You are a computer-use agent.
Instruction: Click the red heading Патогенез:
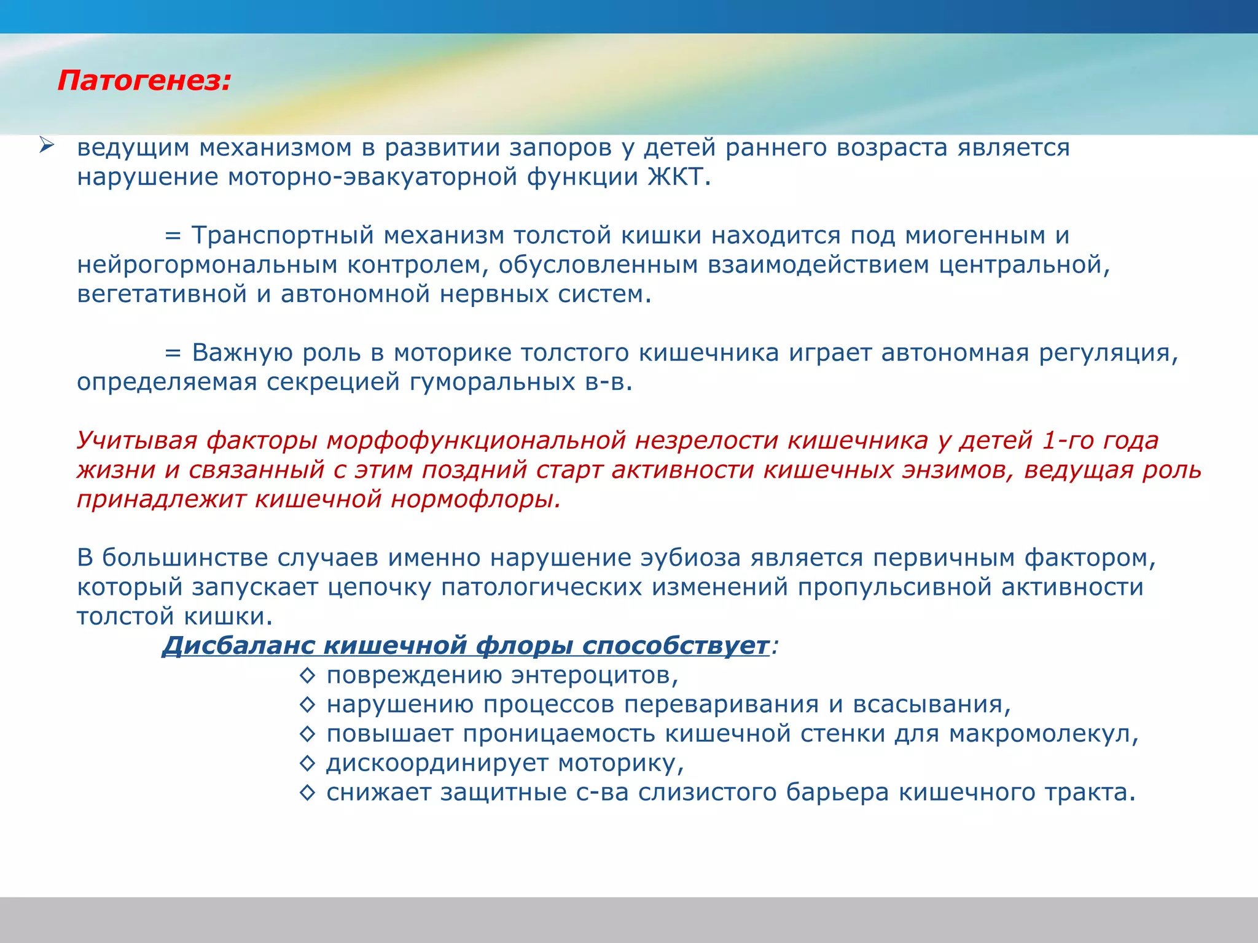click(x=144, y=81)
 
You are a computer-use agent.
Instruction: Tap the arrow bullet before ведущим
click(x=47, y=146)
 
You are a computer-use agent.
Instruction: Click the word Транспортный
click(x=283, y=236)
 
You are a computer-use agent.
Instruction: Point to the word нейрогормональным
click(x=208, y=265)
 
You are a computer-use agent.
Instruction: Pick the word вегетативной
click(x=161, y=295)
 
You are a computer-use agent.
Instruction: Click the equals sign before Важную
click(x=173, y=354)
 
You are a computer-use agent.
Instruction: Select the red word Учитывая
click(x=137, y=441)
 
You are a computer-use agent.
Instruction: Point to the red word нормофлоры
click(x=475, y=500)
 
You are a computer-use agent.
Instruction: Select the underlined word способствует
click(x=676, y=646)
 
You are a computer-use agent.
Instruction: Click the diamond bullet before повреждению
click(x=307, y=676)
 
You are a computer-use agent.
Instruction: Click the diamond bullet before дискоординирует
click(x=307, y=764)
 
